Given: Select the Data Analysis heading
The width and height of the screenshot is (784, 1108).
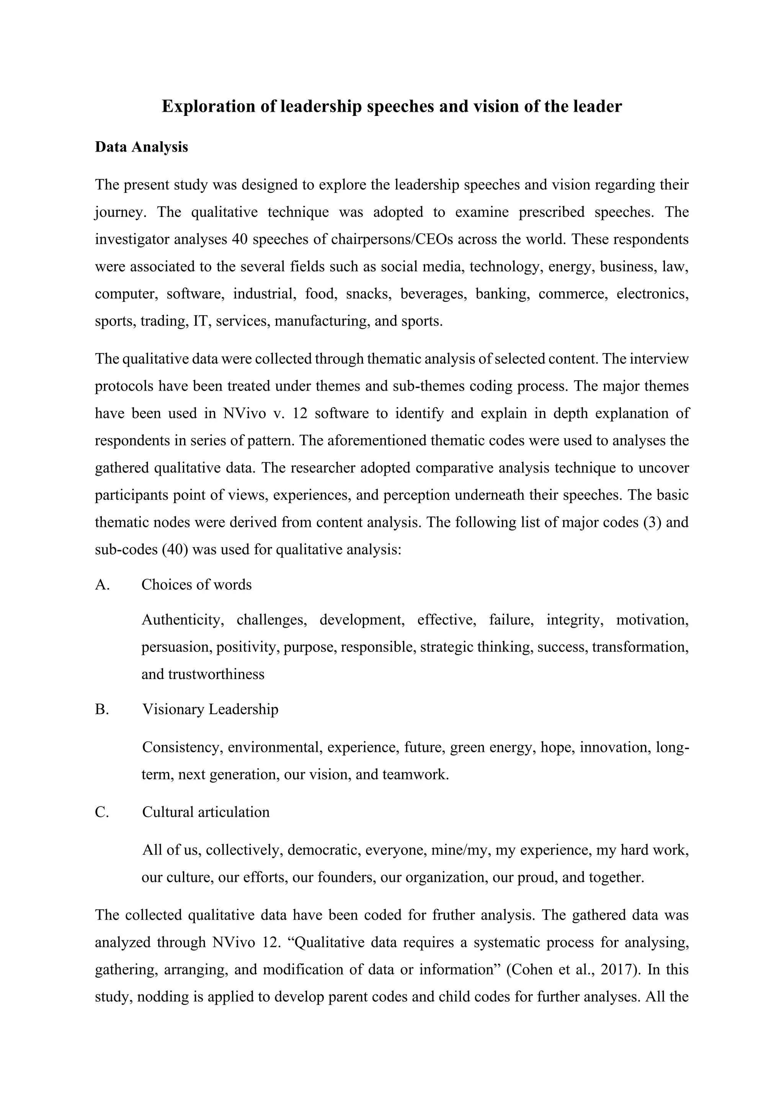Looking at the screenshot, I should click(x=141, y=147).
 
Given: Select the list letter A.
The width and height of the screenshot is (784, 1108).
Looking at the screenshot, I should click(x=102, y=585).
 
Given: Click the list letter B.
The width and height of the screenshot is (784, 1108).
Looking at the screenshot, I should click(x=102, y=709).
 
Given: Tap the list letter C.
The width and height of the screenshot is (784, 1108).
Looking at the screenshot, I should click(x=102, y=812).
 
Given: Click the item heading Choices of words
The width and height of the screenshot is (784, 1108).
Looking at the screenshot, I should click(x=196, y=585).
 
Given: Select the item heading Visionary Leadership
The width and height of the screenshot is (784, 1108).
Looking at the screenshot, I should click(x=211, y=709).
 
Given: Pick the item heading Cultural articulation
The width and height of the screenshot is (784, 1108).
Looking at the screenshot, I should click(x=206, y=812).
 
